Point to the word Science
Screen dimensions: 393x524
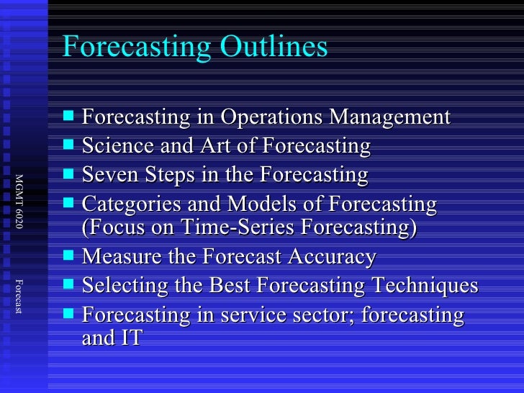pyautogui.click(x=112, y=146)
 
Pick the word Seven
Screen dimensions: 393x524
pyautogui.click(x=106, y=175)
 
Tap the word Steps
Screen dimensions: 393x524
pyautogui.click(x=162, y=175)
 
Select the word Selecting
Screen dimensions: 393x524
pyautogui.click(x=119, y=286)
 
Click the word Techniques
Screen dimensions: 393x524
pyautogui.click(x=424, y=286)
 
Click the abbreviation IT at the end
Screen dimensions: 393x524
pyautogui.click(x=130, y=338)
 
